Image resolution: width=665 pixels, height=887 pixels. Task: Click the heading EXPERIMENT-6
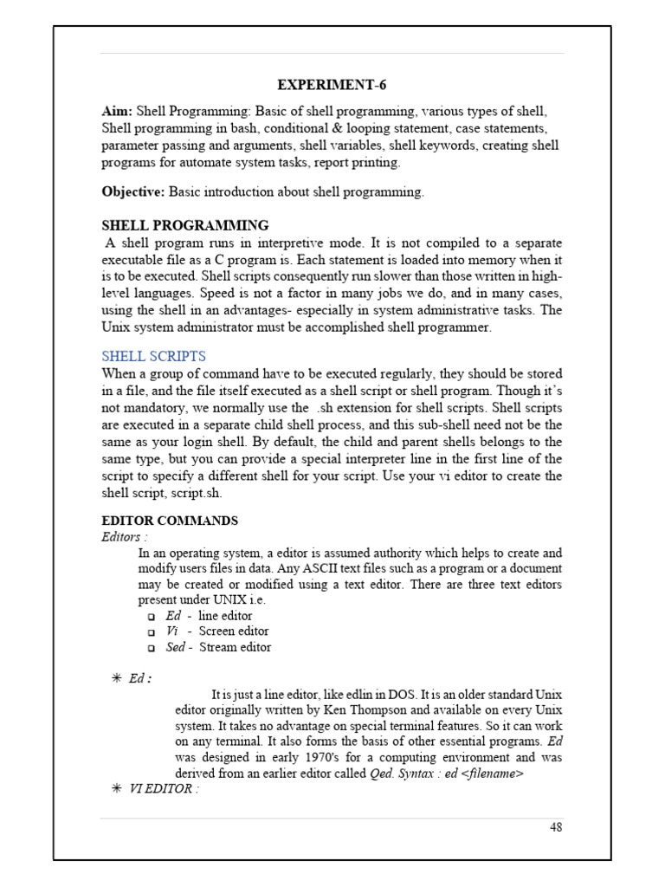pos(332,85)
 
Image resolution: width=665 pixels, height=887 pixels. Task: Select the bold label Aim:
pos(118,112)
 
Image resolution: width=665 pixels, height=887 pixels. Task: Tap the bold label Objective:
pos(133,192)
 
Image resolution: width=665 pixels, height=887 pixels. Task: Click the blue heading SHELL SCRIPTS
pos(153,356)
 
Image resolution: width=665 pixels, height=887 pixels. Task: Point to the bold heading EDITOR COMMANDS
pos(170,521)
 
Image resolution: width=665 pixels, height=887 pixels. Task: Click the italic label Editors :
pos(124,537)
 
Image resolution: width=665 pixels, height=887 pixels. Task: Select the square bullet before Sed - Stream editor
pos(151,648)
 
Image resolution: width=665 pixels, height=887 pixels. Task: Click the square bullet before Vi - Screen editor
pos(151,632)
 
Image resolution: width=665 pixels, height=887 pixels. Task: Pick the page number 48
pos(556,827)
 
